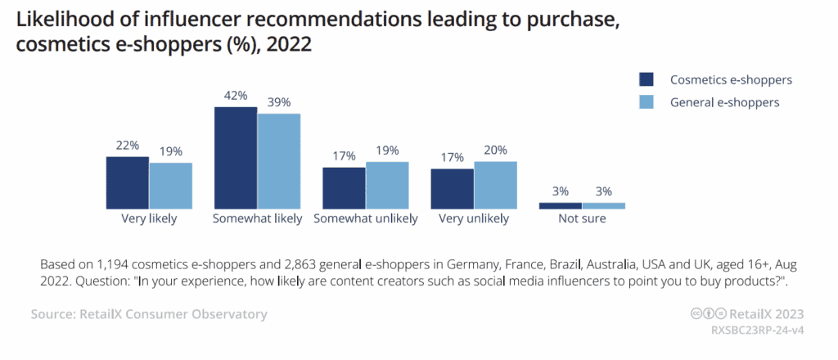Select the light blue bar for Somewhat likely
(x=279, y=160)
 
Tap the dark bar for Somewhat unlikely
(x=344, y=187)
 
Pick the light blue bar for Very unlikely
(x=495, y=184)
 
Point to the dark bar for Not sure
(x=561, y=205)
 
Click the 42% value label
(x=236, y=96)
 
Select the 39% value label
(x=279, y=102)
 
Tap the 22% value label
(x=128, y=145)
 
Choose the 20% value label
(x=495, y=150)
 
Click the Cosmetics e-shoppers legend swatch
(x=647, y=79)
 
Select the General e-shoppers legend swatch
(x=647, y=102)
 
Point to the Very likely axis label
(x=148, y=219)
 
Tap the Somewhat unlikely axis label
(x=366, y=219)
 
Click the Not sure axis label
(x=582, y=219)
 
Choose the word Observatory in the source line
(x=228, y=314)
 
